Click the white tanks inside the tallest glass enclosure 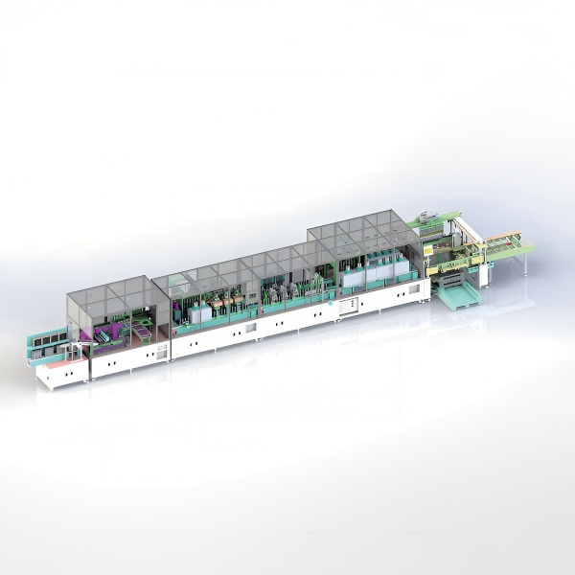coord(368,274)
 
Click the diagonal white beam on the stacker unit coord(467,235)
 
